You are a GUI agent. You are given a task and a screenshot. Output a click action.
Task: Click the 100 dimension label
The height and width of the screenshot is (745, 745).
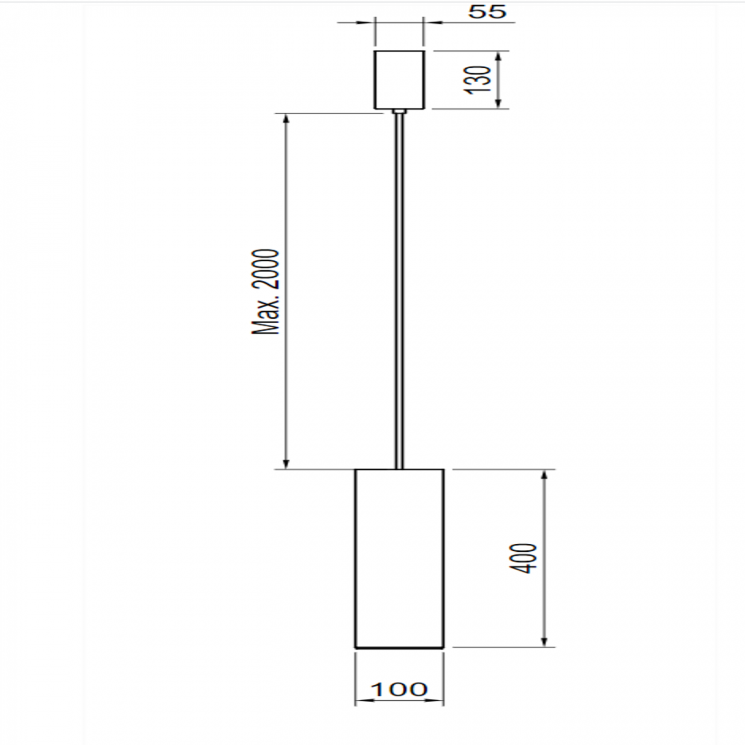[x=399, y=689]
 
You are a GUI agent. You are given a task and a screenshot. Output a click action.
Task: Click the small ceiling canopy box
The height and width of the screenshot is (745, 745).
[x=399, y=79]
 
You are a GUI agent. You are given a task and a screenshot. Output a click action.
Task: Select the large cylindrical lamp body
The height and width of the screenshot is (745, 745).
[x=399, y=558]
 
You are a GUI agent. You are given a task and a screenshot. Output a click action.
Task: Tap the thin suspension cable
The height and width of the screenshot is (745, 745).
[x=399, y=287]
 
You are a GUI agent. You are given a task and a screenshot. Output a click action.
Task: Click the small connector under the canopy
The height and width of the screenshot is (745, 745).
[x=399, y=111]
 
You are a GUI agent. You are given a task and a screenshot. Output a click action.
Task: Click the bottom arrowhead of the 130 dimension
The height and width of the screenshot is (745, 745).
[x=499, y=103]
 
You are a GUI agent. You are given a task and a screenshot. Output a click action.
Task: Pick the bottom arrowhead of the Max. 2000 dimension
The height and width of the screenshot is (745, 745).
[x=287, y=464]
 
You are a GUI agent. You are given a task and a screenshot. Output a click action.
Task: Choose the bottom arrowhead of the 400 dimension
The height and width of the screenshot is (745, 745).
[x=544, y=642]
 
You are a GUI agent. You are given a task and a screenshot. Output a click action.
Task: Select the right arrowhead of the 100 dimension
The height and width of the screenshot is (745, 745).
[x=438, y=701]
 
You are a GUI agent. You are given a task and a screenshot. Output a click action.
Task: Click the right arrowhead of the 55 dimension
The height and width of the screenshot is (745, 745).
[x=429, y=23]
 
